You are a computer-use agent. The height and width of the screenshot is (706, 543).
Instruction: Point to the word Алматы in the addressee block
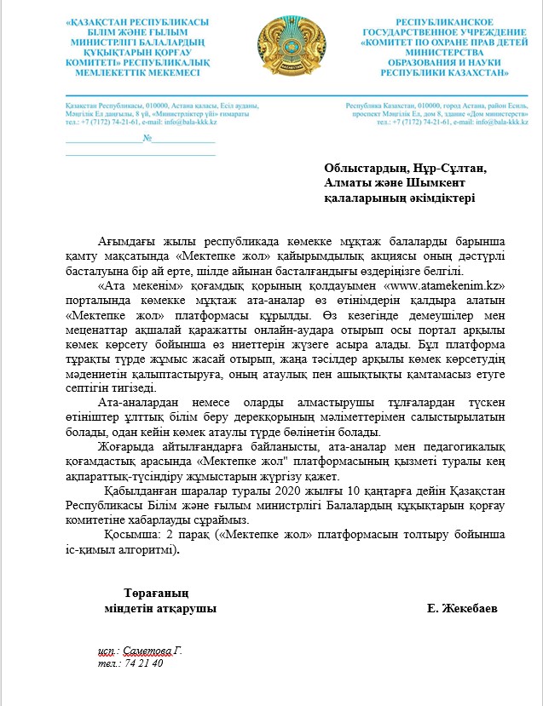pos(349,182)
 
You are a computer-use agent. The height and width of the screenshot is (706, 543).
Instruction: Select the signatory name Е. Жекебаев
pos(464,609)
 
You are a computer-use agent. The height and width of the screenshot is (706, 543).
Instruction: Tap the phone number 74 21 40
pos(142,662)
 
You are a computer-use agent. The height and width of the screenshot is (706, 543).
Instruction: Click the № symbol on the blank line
pos(147,139)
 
